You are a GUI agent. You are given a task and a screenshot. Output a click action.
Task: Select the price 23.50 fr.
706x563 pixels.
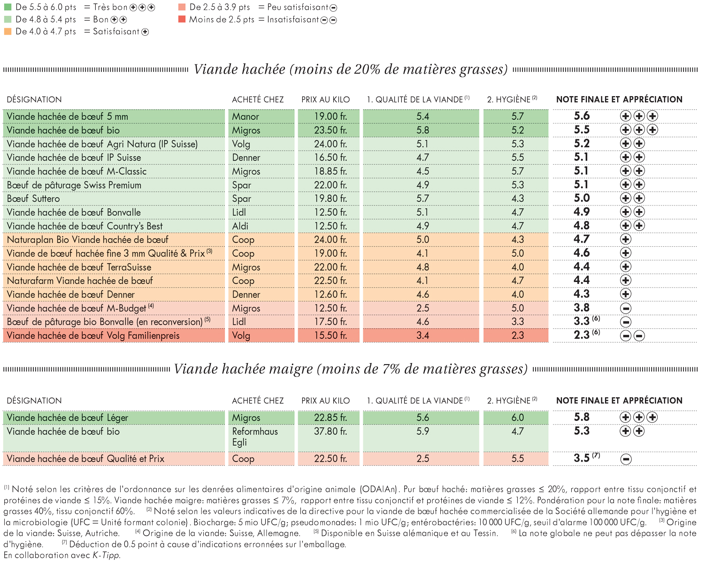point(330,130)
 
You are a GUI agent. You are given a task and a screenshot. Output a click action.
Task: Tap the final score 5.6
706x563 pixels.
point(582,116)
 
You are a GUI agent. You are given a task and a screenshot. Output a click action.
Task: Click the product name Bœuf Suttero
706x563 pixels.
point(33,199)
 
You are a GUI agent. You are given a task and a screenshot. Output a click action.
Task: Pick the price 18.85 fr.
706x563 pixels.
point(330,171)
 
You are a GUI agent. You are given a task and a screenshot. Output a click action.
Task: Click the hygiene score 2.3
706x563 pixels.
point(517,335)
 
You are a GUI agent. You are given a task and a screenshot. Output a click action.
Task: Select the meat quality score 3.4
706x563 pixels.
point(422,335)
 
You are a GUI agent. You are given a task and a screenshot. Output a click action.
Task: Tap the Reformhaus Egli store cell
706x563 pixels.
point(255,437)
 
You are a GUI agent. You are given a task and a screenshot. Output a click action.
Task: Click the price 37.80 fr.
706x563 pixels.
point(330,431)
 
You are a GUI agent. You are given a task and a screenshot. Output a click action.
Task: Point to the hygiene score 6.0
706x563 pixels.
point(517,418)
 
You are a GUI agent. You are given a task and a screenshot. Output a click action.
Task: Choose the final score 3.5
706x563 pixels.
point(582,458)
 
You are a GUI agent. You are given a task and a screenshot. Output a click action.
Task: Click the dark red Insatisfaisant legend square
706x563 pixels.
point(182,19)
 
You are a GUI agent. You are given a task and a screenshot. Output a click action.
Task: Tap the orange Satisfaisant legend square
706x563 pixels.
point(8,31)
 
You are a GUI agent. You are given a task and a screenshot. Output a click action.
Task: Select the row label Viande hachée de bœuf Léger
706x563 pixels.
point(67,418)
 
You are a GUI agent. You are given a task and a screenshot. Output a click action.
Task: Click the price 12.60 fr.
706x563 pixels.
point(330,295)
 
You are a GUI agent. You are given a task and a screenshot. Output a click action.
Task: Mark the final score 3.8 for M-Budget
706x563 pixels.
point(582,308)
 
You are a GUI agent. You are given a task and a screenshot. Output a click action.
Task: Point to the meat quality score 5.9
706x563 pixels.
point(422,431)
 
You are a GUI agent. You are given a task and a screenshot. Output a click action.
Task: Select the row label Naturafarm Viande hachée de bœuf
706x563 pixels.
point(80,281)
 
